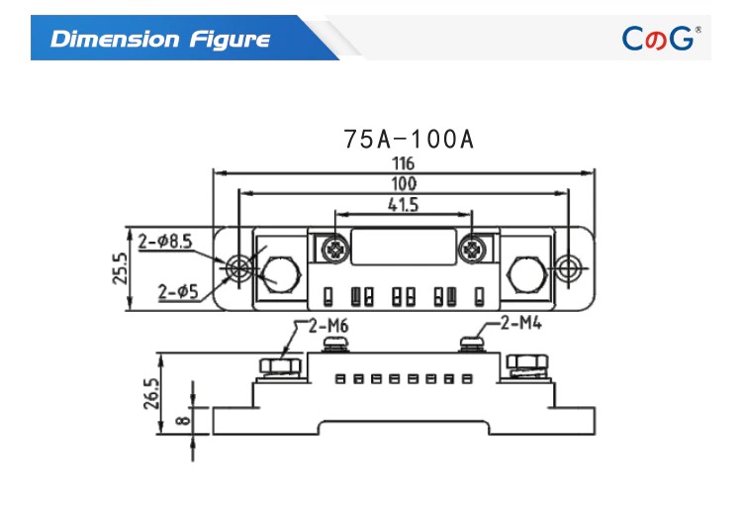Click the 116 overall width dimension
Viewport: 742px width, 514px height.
click(402, 162)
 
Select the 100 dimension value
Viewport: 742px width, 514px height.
click(403, 183)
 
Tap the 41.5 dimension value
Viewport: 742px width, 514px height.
click(403, 205)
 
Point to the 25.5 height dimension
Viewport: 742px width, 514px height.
click(120, 268)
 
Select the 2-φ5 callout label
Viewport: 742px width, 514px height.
click(177, 291)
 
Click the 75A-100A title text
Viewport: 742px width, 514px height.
click(409, 139)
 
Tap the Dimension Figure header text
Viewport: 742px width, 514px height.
click(160, 40)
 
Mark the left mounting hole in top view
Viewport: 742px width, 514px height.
click(237, 267)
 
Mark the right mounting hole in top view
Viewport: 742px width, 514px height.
click(567, 267)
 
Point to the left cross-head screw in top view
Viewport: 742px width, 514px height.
click(334, 248)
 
